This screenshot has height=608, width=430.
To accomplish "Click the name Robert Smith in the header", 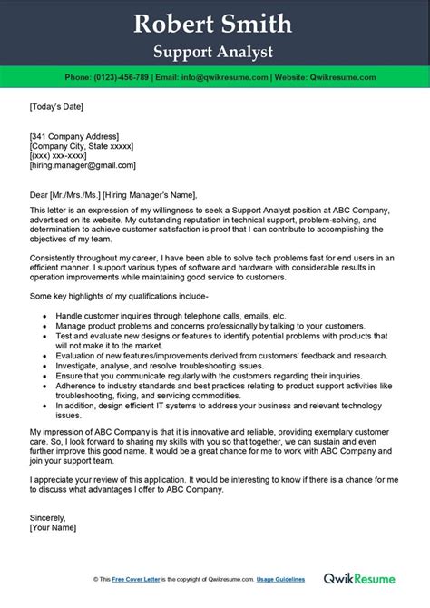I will [x=214, y=23].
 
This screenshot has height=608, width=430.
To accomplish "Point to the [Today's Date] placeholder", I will [x=56, y=107].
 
